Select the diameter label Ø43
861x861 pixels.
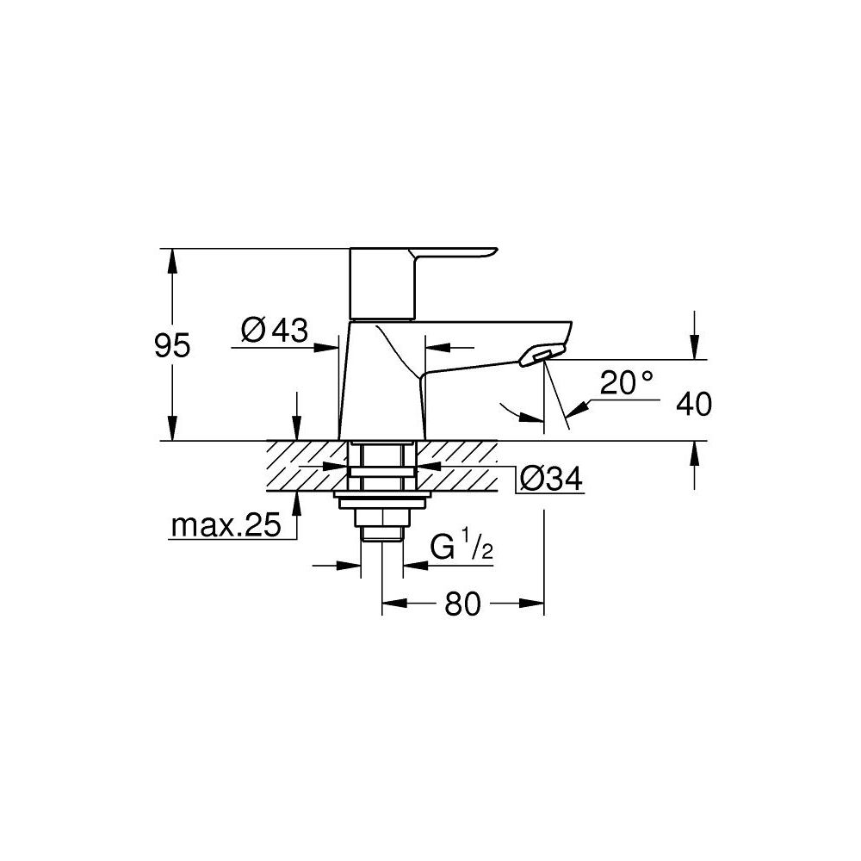(x=274, y=330)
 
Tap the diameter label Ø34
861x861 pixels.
(x=549, y=479)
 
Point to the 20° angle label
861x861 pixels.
(x=628, y=384)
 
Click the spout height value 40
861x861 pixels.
(x=694, y=404)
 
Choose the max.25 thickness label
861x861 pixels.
(x=226, y=525)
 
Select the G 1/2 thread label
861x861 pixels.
(x=461, y=548)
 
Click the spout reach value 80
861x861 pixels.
(x=462, y=604)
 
